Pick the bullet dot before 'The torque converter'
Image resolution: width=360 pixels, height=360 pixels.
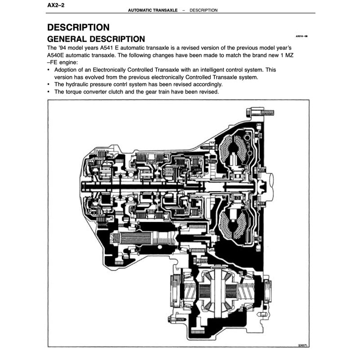[x=49, y=91]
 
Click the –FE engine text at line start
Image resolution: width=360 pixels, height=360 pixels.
[x=62, y=62]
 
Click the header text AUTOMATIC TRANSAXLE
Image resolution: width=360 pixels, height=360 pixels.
[x=152, y=10]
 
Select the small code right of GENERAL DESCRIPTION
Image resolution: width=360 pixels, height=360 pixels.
[x=301, y=36]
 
